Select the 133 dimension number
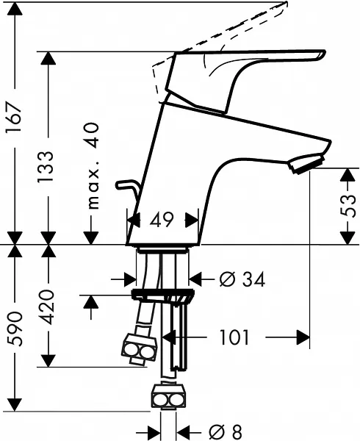46,168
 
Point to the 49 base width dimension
162,220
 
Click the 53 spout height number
349,205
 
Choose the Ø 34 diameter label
242,280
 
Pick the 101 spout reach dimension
234,337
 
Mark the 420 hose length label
46,307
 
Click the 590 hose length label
15,329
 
